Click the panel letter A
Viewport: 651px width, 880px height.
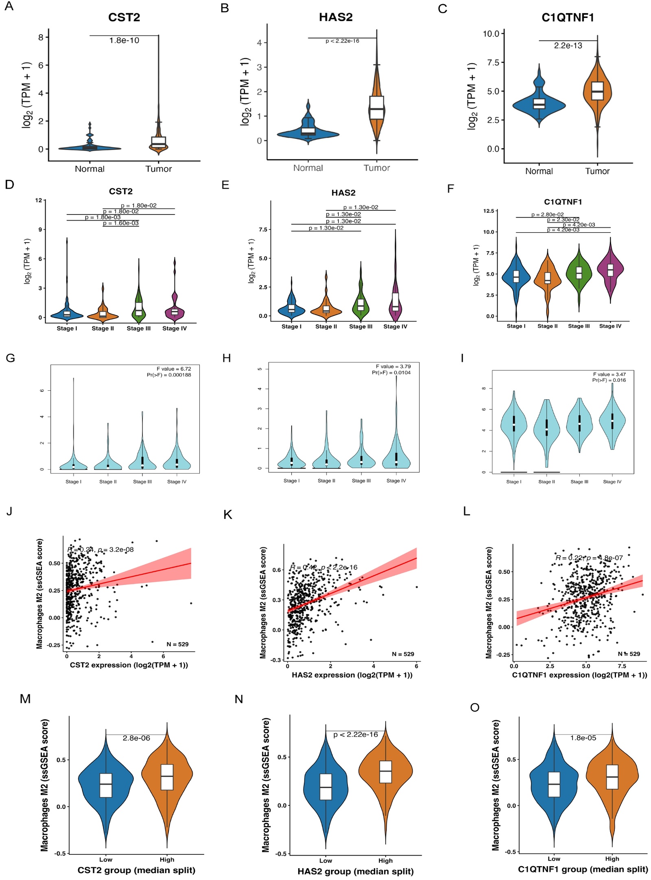point(9,7)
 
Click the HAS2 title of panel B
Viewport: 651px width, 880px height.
point(335,17)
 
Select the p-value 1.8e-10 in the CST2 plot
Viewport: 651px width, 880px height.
point(124,41)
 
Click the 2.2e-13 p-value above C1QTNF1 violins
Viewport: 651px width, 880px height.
point(568,46)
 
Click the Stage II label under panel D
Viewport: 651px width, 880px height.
point(103,328)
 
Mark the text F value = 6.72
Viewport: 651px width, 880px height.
point(174,369)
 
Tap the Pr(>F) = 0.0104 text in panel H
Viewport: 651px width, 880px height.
point(391,372)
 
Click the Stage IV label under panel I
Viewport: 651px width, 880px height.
point(612,482)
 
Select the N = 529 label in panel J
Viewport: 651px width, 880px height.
point(177,644)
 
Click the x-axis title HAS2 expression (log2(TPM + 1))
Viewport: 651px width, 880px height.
point(352,675)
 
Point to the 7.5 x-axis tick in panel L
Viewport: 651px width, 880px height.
point(622,666)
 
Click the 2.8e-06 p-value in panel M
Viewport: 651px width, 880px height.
point(136,738)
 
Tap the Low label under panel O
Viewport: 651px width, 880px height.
point(554,859)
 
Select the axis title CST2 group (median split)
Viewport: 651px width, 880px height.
point(136,870)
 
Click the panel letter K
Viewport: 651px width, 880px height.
point(228,515)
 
